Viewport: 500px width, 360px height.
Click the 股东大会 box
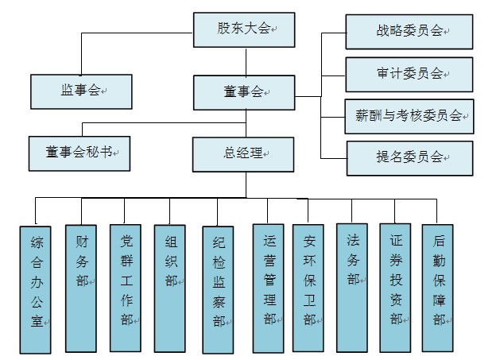(244, 29)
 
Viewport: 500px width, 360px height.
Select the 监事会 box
(81, 92)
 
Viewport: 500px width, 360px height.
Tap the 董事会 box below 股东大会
(244, 92)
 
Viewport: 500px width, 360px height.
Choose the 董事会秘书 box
(79, 153)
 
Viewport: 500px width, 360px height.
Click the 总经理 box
(243, 155)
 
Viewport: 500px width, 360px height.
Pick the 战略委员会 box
(409, 32)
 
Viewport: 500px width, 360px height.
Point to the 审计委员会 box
(409, 75)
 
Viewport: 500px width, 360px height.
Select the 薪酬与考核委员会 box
(409, 116)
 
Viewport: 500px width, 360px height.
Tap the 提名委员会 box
(410, 158)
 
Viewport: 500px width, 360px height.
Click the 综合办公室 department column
(36, 290)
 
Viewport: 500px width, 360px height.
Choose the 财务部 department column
(81, 288)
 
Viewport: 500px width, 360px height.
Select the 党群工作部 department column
(126, 288)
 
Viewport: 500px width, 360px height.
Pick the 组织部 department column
(169, 288)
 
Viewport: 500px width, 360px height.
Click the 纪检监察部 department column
(218, 290)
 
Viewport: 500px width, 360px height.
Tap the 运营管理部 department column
(269, 288)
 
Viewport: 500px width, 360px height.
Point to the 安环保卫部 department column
(308, 288)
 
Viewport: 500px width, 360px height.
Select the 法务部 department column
(352, 288)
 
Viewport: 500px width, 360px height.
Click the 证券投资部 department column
(395, 288)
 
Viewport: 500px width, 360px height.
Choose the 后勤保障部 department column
(438, 288)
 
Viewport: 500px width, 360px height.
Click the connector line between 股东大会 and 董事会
(246, 61)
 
